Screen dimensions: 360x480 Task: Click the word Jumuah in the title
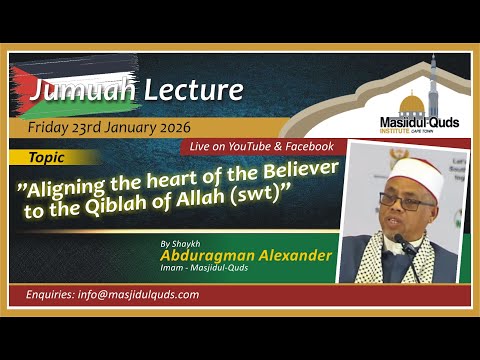[69, 92]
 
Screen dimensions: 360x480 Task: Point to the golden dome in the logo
[411, 102]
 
